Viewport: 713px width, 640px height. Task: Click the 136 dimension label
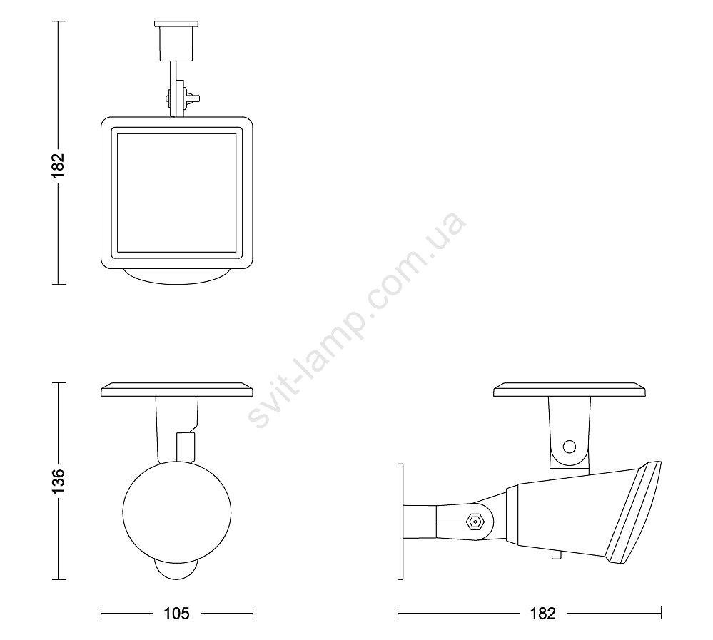pyautogui.click(x=59, y=481)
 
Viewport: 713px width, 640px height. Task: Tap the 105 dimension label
pyautogui.click(x=176, y=614)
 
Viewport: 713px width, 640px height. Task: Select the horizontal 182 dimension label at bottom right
pyautogui.click(x=543, y=614)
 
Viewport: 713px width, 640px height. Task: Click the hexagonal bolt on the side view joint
pyautogui.click(x=475, y=522)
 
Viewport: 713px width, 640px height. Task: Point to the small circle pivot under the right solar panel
pyautogui.click(x=569, y=447)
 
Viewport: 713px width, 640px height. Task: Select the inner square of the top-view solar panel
pyautogui.click(x=177, y=193)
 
